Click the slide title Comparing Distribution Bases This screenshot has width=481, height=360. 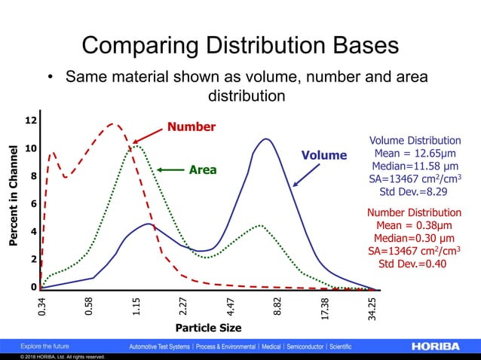coord(240,44)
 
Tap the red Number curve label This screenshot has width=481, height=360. coord(191,127)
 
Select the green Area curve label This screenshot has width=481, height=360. coord(202,170)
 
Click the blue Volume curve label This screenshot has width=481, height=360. coord(324,156)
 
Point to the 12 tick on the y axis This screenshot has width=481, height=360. coord(32,121)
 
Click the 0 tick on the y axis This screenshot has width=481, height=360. coord(34,287)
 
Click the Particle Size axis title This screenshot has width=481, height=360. coord(208,328)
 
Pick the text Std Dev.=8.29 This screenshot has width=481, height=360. coord(414,192)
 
